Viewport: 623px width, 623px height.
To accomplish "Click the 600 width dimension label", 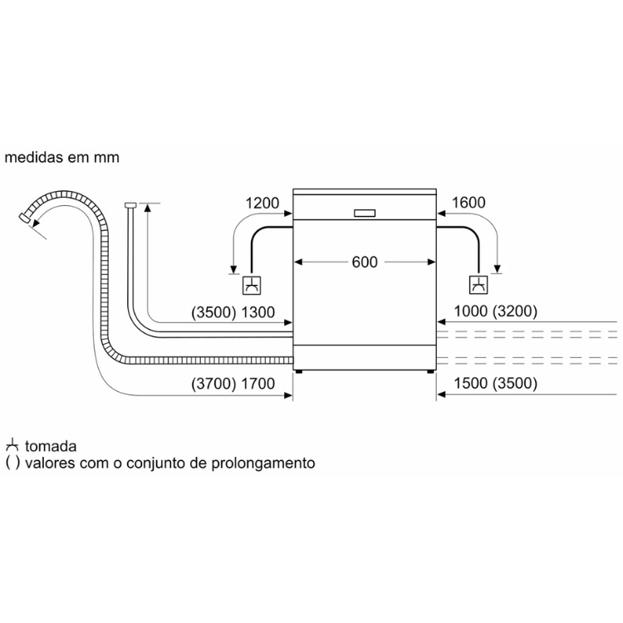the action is coord(365,262).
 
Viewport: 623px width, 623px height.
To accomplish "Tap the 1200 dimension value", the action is coord(262,203).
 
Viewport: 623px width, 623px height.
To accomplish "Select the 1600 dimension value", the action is coord(468,203).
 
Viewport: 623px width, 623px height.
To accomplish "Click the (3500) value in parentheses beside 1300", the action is coord(213,312).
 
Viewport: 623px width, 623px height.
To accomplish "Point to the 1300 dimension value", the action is coord(258,312).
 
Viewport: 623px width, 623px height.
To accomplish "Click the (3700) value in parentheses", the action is coord(213,384).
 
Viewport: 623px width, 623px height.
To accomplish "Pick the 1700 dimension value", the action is coord(258,384).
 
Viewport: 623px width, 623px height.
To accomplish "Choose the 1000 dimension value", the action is coord(470,311).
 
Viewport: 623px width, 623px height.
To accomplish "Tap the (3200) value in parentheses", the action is coord(515,311).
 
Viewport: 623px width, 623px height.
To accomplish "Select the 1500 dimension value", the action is coord(470,384).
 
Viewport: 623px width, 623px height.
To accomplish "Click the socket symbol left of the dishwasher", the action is coord(252,285).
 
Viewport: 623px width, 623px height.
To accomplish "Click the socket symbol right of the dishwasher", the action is coord(478,284).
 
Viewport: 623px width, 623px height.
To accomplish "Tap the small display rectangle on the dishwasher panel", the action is coord(365,213).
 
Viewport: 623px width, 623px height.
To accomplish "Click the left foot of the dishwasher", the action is coord(298,371).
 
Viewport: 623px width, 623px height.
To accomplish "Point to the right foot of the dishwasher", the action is coord(430,371).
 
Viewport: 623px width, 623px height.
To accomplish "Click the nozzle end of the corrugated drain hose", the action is coord(25,218).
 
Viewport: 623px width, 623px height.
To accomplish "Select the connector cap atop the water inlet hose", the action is coord(130,205).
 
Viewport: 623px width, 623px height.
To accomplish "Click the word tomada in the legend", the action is coord(51,446).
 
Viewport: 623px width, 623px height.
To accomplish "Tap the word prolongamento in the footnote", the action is coord(263,464).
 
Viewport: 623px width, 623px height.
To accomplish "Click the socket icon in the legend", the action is coord(12,445).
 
